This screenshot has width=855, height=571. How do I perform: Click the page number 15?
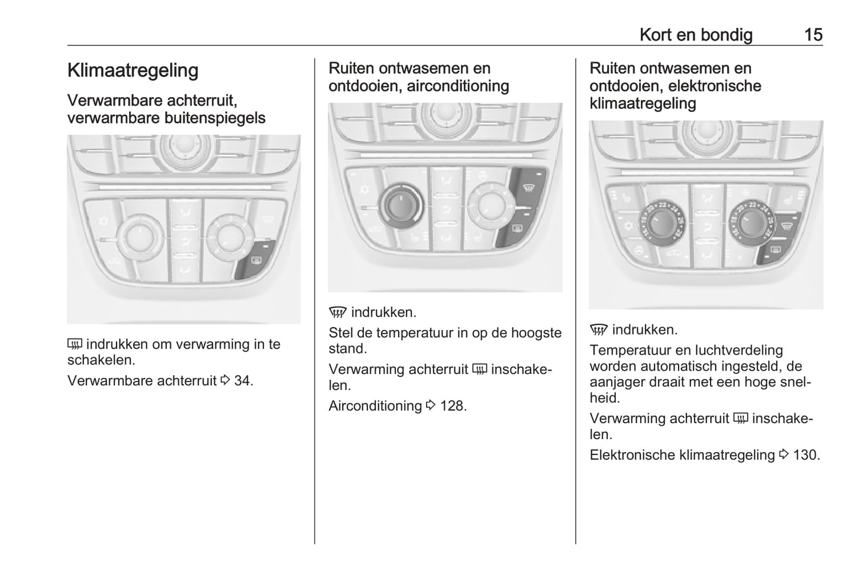pos(813,35)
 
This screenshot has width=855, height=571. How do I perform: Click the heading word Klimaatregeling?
pos(133,70)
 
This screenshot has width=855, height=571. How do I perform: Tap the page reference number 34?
pos(243,380)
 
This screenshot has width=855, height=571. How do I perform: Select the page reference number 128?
pos(453,406)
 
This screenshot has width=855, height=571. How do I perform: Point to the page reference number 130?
pos(806,455)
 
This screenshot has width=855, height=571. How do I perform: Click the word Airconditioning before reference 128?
pos(375,406)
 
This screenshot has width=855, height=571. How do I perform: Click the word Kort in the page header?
pos(655,35)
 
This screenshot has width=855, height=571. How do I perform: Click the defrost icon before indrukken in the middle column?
pos(337,312)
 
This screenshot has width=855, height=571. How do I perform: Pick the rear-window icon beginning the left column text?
pos(75,344)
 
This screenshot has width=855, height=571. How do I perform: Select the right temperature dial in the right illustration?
pos(751,222)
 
